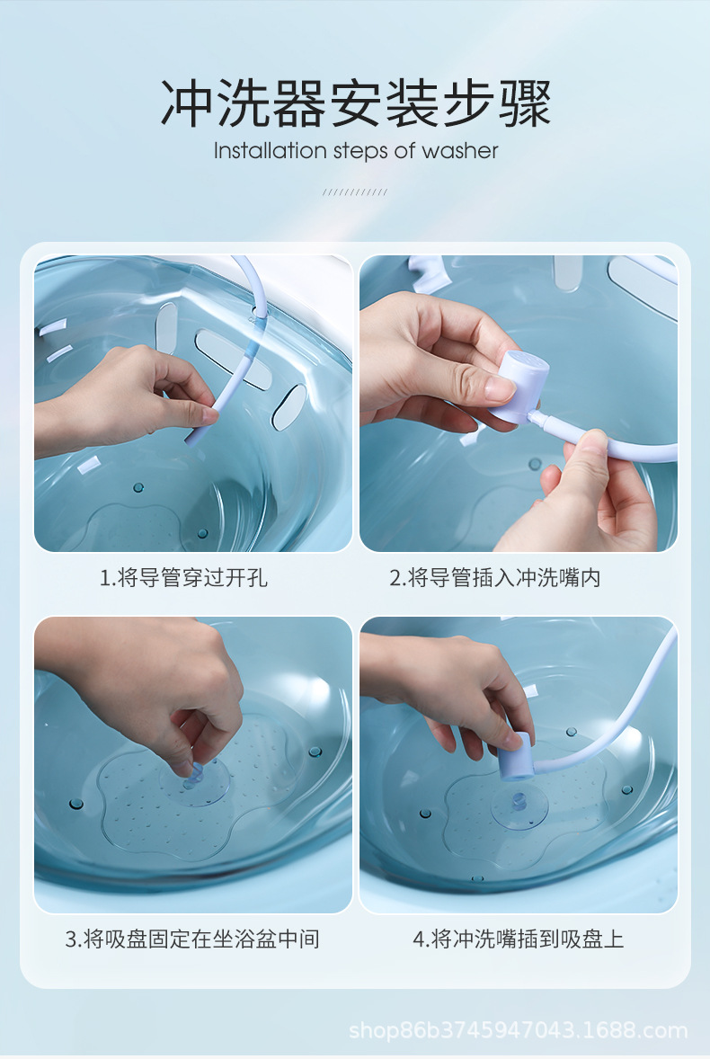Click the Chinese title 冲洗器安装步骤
tap(355, 103)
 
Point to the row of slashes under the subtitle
tap(355, 191)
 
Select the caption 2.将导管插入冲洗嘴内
tap(494, 578)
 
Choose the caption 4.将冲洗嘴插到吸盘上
tap(518, 939)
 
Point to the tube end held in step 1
tap(191, 435)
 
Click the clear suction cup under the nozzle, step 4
tap(519, 803)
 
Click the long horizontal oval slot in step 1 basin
tap(232, 359)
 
